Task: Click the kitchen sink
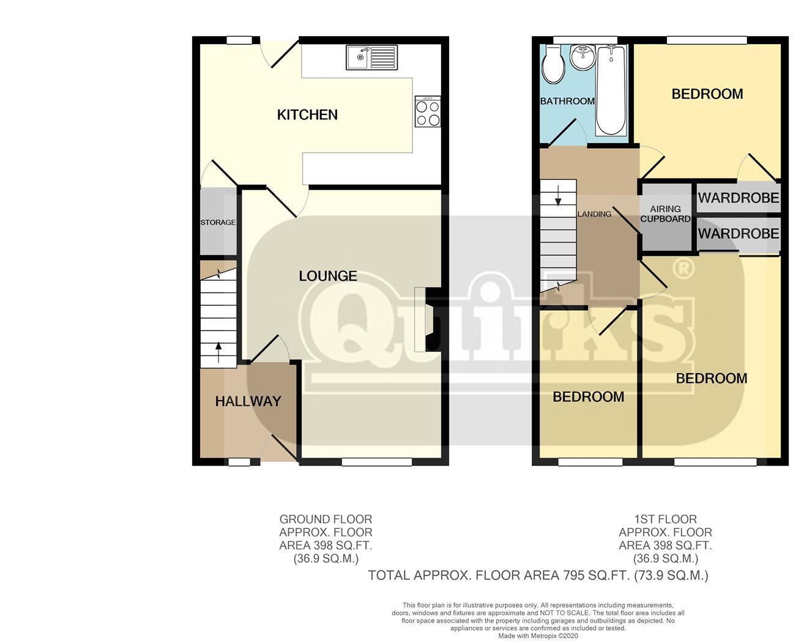click(x=371, y=57)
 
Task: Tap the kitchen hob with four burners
click(x=428, y=111)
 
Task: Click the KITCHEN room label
click(x=307, y=115)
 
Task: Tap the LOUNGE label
click(x=327, y=276)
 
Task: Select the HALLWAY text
click(x=248, y=401)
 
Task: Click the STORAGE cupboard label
click(x=218, y=222)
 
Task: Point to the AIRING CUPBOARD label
click(x=665, y=214)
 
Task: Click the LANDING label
click(x=594, y=214)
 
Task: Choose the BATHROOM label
click(x=567, y=101)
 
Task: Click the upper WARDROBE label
click(x=738, y=198)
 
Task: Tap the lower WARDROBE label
click(x=738, y=234)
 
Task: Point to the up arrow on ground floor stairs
click(x=218, y=350)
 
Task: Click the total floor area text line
click(x=537, y=575)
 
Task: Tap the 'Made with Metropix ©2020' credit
click(x=537, y=635)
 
